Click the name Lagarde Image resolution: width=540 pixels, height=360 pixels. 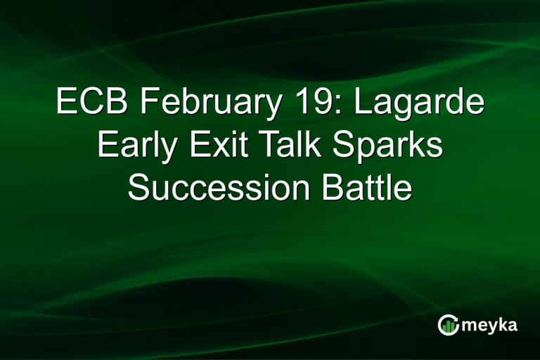(x=419, y=105)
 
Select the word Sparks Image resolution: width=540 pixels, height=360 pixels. (x=389, y=147)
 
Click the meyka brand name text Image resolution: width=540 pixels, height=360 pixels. (x=489, y=326)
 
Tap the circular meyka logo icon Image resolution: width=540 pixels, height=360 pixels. (x=448, y=325)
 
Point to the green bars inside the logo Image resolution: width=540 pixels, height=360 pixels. (x=448, y=327)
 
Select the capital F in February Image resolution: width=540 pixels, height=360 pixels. (x=149, y=103)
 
